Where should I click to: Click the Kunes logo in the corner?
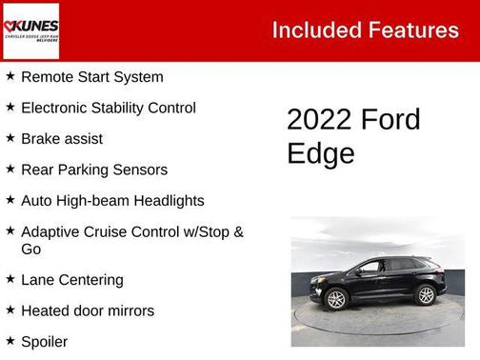pyautogui.click(x=30, y=30)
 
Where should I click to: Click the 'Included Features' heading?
pyautogui.click(x=365, y=30)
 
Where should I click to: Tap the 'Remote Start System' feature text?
pyautogui.click(x=91, y=77)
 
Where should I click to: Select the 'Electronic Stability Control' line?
pyautogui.click(x=108, y=108)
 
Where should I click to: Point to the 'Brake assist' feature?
pyautogui.click(x=62, y=139)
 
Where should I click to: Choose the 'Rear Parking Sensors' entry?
pyautogui.click(x=93, y=170)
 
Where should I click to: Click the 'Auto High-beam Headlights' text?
pyautogui.click(x=112, y=201)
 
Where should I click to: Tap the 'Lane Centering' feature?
pyautogui.click(x=72, y=280)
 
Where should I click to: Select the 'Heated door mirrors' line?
pyautogui.click(x=87, y=310)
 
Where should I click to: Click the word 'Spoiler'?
pyautogui.click(x=45, y=341)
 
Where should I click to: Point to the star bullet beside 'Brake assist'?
pyautogui.click(x=10, y=138)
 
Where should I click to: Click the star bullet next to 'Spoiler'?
pyautogui.click(x=10, y=340)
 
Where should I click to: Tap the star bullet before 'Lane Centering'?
pyautogui.click(x=10, y=279)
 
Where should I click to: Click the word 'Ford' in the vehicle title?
pyautogui.click(x=390, y=120)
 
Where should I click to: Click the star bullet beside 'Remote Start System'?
pyautogui.click(x=10, y=76)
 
